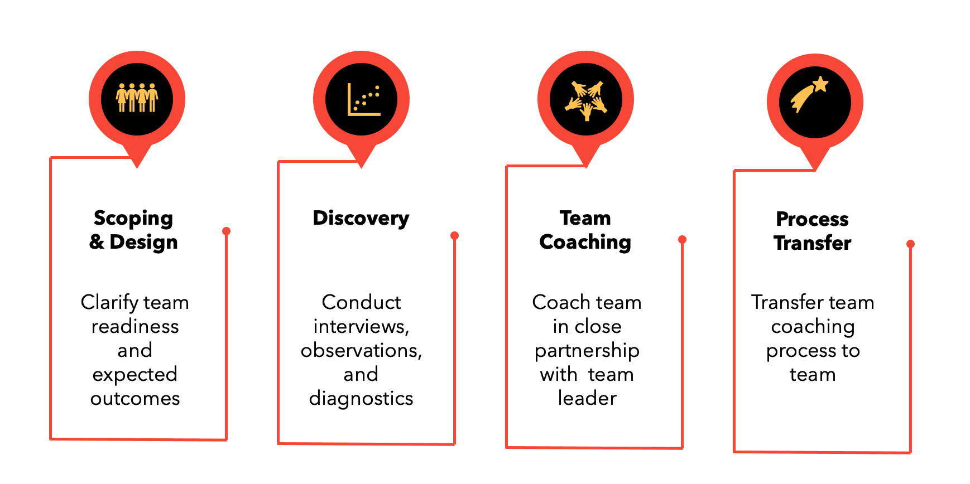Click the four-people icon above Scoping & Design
[x=137, y=99]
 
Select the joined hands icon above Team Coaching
[x=585, y=100]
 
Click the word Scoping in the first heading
[x=133, y=218]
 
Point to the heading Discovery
[x=361, y=218]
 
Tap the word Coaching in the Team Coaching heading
[x=585, y=242]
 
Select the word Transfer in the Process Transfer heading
[x=812, y=243]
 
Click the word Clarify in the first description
[x=109, y=302]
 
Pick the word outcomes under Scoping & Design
[x=135, y=398]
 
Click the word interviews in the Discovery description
[x=360, y=326]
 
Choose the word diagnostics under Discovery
[x=361, y=398]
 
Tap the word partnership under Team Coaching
[x=587, y=351]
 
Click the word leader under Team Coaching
[x=587, y=398]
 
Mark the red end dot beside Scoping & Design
[x=226, y=231]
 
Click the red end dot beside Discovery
[x=454, y=235]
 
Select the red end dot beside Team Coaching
[x=682, y=239]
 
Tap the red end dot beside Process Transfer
[x=910, y=244]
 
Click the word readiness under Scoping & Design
[x=135, y=326]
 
